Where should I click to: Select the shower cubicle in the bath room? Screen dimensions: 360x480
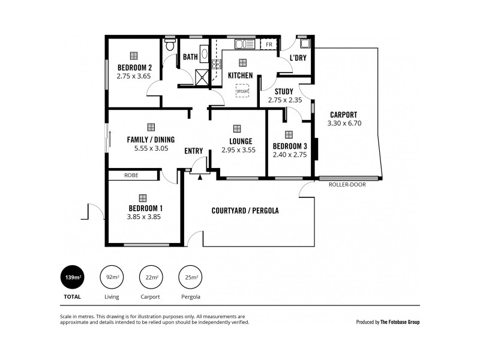pyautogui.click(x=201, y=77)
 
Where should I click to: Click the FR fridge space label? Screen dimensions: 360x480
pyautogui.click(x=269, y=45)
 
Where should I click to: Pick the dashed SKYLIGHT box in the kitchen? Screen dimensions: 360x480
pyautogui.click(x=242, y=90)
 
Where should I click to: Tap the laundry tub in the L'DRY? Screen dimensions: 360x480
pyautogui.click(x=305, y=44)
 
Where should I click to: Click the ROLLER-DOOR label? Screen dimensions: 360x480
pyautogui.click(x=347, y=185)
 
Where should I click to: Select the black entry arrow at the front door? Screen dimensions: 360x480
pyautogui.click(x=200, y=176)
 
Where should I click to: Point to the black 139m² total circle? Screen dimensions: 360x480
pyautogui.click(x=72, y=277)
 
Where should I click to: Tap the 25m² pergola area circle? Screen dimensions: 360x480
pyautogui.click(x=191, y=277)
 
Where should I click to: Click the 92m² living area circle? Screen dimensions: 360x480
pyautogui.click(x=112, y=277)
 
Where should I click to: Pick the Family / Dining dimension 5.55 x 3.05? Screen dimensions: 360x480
pyautogui.click(x=151, y=148)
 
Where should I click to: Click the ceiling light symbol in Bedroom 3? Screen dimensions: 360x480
pyautogui.click(x=289, y=134)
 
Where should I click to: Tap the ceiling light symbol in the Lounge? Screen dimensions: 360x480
pyautogui.click(x=238, y=128)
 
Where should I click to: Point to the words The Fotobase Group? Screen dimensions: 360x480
pyautogui.click(x=400, y=322)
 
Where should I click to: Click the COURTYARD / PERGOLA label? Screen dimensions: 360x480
pyautogui.click(x=245, y=211)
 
